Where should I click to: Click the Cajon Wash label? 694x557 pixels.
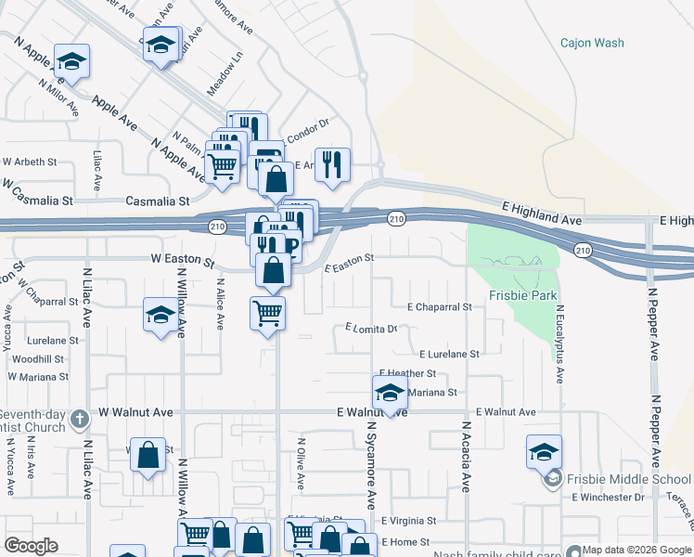[592, 43]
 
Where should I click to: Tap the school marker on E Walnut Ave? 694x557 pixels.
[391, 393]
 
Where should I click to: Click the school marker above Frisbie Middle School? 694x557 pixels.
[544, 452]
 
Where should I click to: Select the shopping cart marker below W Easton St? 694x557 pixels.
[267, 314]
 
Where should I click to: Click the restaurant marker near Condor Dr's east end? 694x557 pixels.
[332, 163]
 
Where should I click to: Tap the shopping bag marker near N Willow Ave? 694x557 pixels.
[148, 455]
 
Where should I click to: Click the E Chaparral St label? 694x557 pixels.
[440, 306]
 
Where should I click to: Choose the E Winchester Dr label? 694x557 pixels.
[608, 498]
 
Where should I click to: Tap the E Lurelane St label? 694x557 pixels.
[449, 354]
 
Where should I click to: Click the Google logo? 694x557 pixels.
[31, 547]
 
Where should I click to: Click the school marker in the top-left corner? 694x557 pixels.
[71, 61]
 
